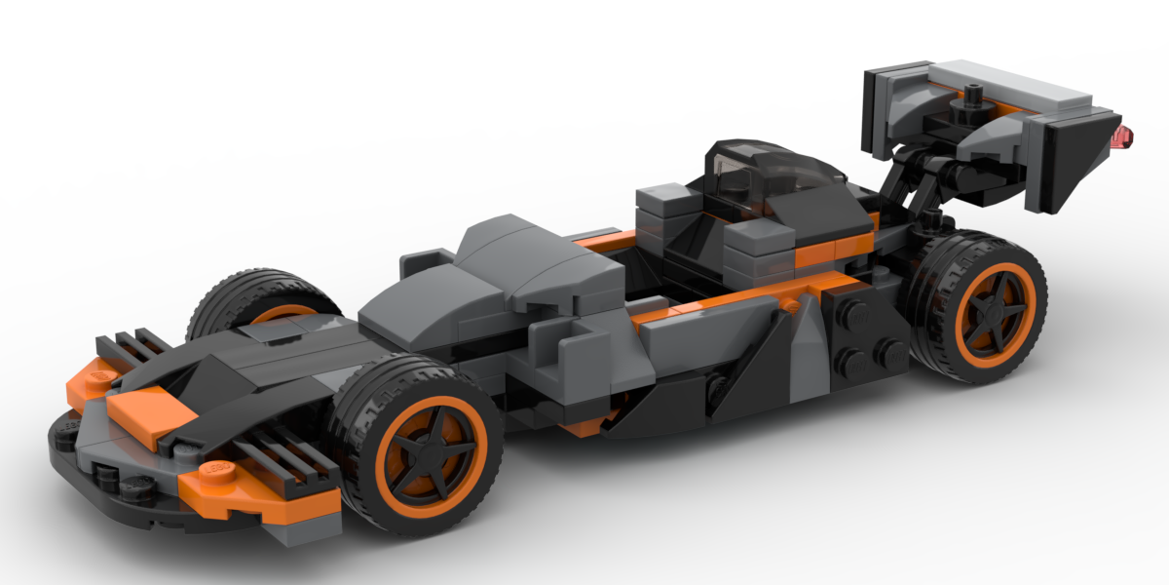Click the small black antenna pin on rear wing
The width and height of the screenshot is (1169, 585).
tap(972, 96)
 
